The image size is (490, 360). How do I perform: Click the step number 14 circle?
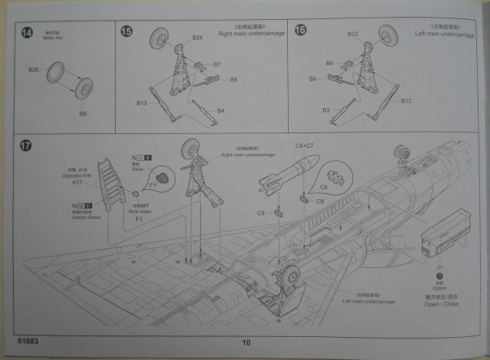(28, 32)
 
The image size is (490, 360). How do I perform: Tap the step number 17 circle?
(28, 146)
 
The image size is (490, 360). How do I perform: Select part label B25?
(34, 70)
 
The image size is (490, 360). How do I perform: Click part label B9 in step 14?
(83, 113)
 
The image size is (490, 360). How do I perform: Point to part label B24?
(197, 38)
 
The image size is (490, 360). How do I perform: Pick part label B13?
(142, 101)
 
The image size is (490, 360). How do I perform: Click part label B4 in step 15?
(220, 111)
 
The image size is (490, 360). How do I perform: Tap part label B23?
(353, 34)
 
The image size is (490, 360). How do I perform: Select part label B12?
(406, 101)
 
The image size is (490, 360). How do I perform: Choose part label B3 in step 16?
(325, 111)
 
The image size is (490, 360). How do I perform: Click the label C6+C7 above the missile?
(305, 145)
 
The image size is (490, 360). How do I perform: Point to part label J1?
(439, 267)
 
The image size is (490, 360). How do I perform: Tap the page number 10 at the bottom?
(245, 342)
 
